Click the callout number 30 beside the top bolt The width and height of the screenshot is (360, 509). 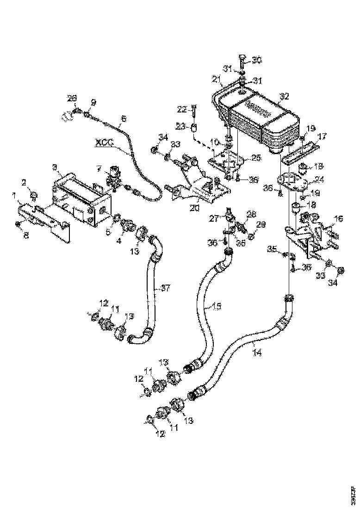tap(256, 60)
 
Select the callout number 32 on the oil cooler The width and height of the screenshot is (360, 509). tap(284, 97)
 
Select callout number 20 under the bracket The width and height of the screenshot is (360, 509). tap(194, 208)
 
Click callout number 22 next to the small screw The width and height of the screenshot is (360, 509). tap(182, 109)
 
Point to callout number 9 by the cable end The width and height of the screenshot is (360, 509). tap(93, 102)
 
